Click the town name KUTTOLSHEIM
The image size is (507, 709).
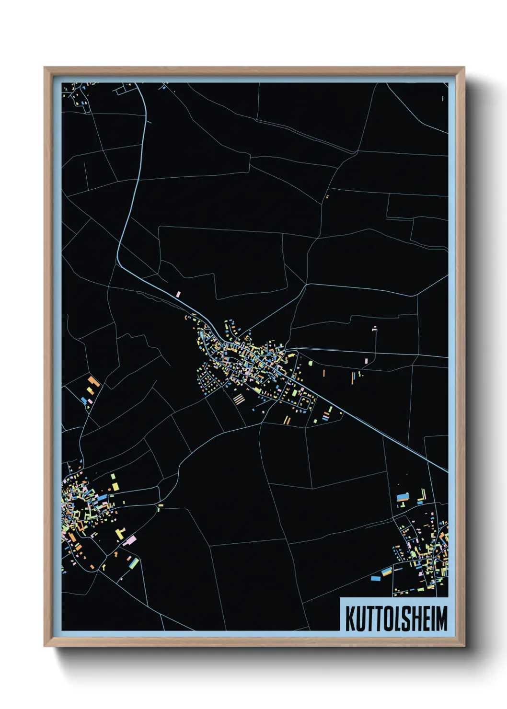[x=396, y=618]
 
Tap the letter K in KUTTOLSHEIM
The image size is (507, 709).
[x=350, y=618]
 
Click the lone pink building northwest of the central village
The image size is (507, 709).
[x=179, y=294]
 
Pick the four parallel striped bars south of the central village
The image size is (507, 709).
[x=239, y=398]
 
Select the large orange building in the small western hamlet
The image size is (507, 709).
[x=93, y=382]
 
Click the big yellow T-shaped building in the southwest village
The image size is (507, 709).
[x=120, y=533]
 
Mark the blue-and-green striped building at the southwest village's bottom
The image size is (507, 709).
[x=133, y=561]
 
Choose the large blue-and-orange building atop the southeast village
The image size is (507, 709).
[x=403, y=497]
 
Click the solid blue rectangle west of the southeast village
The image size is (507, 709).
[x=375, y=578]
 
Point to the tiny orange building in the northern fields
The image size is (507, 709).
[x=327, y=196]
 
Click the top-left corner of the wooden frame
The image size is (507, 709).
[x=45, y=68]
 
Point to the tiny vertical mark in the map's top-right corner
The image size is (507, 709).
[x=442, y=98]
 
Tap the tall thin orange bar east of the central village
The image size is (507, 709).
[x=324, y=373]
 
